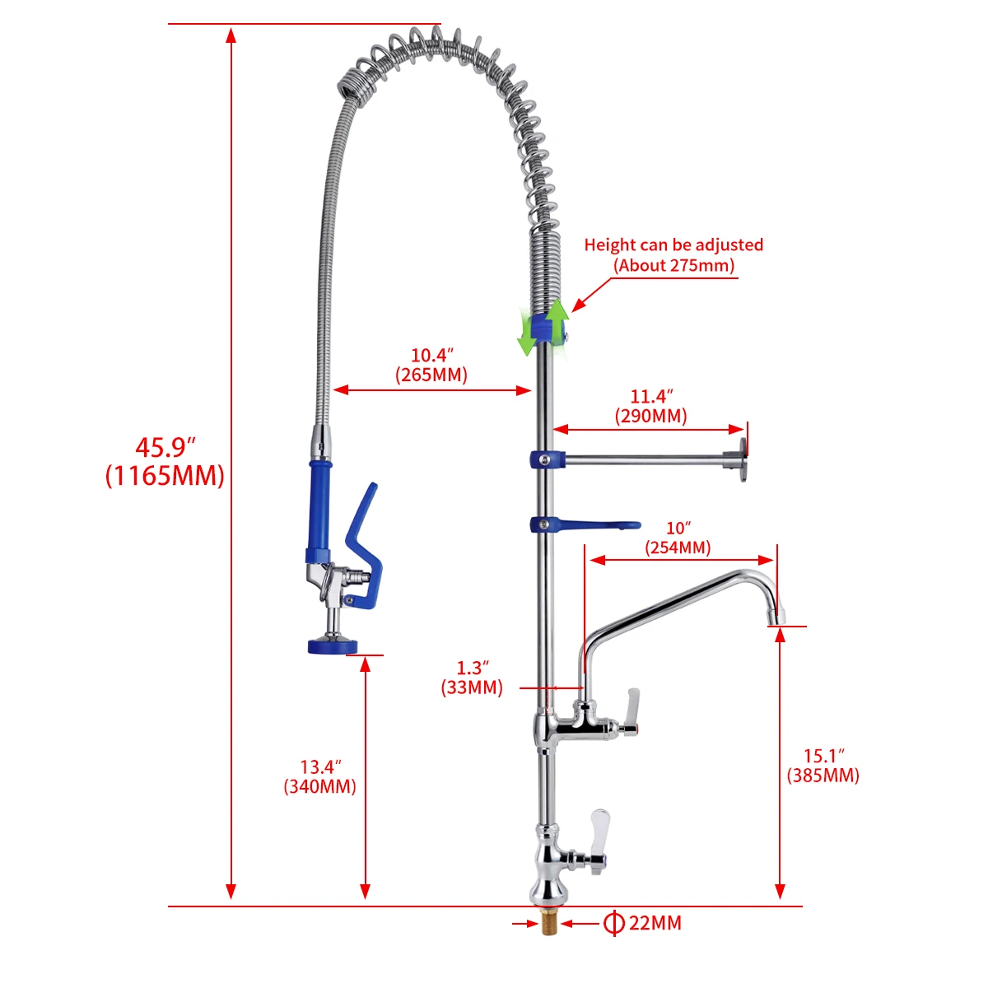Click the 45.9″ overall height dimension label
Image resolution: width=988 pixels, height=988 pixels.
(x=165, y=448)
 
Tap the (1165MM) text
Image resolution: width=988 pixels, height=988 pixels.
(x=165, y=476)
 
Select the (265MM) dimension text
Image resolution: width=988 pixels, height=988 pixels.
(x=431, y=375)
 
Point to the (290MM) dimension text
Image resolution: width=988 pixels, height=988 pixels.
(x=650, y=416)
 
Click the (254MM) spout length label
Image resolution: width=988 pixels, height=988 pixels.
(x=678, y=548)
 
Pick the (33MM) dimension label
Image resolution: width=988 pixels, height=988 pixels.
(x=472, y=687)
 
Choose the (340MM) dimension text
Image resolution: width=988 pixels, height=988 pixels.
(x=320, y=786)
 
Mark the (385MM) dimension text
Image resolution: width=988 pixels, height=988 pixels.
(x=823, y=775)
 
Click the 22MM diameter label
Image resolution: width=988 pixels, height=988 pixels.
(x=655, y=923)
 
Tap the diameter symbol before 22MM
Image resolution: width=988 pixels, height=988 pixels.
(x=613, y=923)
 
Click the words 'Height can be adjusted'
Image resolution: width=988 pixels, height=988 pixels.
(x=673, y=245)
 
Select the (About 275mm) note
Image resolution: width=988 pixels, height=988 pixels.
(x=673, y=265)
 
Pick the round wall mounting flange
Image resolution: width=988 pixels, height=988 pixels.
(x=743, y=460)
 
